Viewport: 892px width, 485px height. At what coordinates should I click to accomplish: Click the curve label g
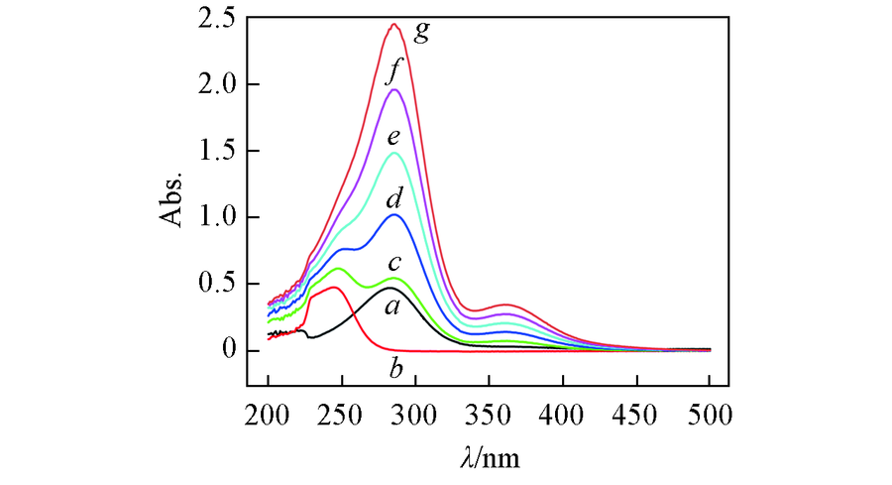coord(422,34)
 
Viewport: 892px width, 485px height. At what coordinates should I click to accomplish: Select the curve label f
coord(395,70)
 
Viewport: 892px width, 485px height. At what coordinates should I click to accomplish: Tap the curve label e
coord(394,136)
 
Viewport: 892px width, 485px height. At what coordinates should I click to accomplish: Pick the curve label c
coord(393,263)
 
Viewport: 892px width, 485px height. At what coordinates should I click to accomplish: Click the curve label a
coord(391,307)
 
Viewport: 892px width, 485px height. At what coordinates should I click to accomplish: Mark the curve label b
coord(395,372)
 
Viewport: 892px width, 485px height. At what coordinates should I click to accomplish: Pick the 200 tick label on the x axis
coord(268,410)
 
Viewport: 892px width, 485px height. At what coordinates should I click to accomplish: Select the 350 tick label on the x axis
coord(489,410)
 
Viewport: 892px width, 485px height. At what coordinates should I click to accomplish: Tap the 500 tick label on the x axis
coord(710,410)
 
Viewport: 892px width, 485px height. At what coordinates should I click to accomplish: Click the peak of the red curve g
coord(393,24)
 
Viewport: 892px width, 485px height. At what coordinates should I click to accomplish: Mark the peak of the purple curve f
coord(393,89)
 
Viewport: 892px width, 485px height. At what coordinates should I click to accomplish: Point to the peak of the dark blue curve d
coord(393,214)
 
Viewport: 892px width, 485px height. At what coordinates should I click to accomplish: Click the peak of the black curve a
coord(389,288)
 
